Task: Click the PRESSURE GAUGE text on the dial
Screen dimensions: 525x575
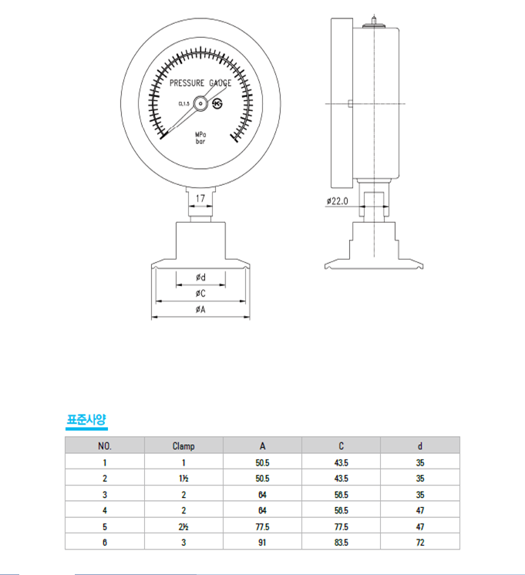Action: click(200, 83)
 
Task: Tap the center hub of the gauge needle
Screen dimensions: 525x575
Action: click(200, 104)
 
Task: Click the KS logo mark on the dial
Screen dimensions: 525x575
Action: click(217, 104)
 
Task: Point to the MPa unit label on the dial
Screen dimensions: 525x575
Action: click(200, 135)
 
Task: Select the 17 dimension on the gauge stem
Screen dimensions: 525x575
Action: click(200, 198)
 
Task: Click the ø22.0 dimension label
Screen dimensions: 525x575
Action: click(337, 201)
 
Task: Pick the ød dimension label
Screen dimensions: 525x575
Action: click(200, 277)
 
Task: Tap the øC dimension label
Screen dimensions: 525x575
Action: click(200, 294)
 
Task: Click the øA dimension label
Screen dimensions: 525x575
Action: click(200, 310)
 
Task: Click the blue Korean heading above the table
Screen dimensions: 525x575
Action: click(86, 419)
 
